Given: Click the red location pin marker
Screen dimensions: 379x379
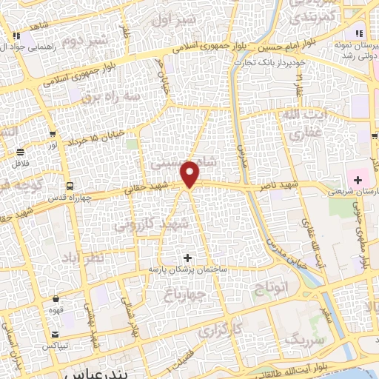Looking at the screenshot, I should point(190,174).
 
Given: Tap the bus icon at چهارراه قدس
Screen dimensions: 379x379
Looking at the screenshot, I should point(70,185).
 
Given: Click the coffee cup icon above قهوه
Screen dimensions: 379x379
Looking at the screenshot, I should point(56,299).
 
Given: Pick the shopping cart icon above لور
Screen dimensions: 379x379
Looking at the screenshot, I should point(53,134).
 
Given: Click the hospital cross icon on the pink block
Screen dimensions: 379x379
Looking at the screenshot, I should point(358,180).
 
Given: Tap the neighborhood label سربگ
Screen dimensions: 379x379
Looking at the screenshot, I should point(303,341).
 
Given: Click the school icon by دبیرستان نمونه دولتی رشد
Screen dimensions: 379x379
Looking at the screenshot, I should point(359,33).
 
